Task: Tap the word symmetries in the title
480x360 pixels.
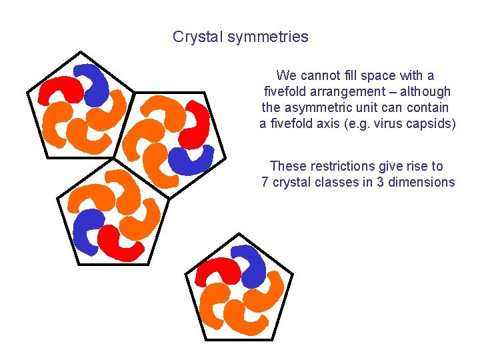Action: (x=268, y=37)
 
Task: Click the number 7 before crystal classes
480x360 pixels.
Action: (x=265, y=182)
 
